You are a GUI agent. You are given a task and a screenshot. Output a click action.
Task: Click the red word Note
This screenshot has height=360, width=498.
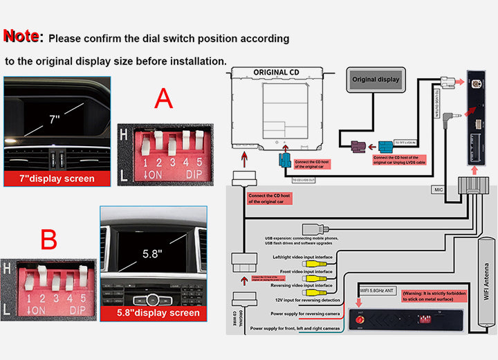click(24, 37)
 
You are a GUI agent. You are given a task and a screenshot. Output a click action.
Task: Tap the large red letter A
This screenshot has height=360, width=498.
click(163, 99)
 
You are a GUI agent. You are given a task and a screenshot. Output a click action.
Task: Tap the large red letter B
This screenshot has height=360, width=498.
click(48, 240)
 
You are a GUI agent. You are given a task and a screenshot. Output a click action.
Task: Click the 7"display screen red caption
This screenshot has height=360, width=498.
click(59, 179)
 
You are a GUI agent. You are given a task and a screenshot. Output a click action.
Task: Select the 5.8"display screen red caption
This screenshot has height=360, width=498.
click(154, 313)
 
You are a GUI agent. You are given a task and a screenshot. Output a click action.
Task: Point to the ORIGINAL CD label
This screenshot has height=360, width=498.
click(275, 72)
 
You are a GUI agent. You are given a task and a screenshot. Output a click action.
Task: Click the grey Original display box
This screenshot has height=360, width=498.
click(376, 80)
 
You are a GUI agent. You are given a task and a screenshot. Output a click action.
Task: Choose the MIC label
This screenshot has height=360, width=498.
click(438, 188)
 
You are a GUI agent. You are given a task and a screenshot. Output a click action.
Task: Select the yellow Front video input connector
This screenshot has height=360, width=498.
click(317, 273)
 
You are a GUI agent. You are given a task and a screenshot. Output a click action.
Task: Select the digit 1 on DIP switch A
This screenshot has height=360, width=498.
click(147, 163)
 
